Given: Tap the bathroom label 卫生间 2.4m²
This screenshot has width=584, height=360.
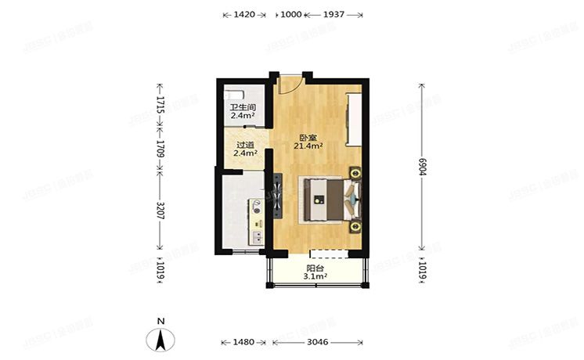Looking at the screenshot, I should coord(242,112).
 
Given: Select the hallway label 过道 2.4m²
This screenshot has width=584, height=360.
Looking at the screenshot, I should coord(245,149).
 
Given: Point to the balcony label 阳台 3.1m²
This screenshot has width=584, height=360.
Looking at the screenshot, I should coord(315,271).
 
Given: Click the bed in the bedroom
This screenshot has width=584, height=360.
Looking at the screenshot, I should coord(324,199).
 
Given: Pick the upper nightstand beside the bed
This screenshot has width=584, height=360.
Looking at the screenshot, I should coord(355,173).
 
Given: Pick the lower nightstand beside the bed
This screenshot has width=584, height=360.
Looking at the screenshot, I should coord(355,227).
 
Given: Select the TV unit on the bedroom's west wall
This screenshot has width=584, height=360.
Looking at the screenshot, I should coord(276,196).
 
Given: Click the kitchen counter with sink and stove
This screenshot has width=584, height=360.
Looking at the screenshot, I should coord(256,222).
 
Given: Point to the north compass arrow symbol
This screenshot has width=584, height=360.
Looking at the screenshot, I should coord(160,338).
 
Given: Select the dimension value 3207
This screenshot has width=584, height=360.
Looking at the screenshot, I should coord(160,211).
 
